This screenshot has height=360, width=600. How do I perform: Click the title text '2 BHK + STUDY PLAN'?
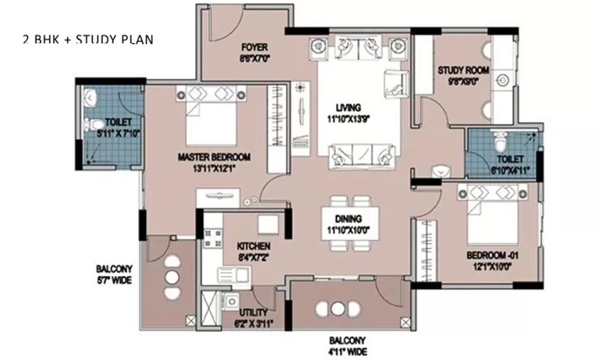86,40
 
